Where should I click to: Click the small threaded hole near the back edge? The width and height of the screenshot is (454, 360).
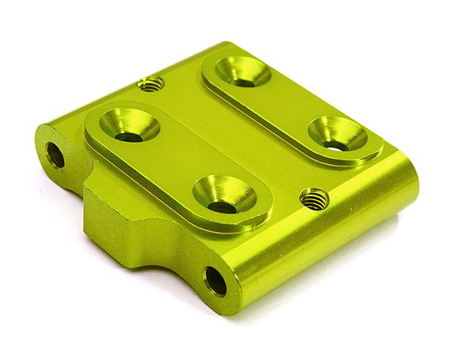click(x=152, y=84)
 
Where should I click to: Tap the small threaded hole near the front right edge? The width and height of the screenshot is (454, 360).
click(x=314, y=199)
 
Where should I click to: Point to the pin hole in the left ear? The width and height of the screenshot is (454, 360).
click(x=55, y=154)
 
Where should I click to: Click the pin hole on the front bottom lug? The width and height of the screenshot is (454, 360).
click(x=216, y=281)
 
